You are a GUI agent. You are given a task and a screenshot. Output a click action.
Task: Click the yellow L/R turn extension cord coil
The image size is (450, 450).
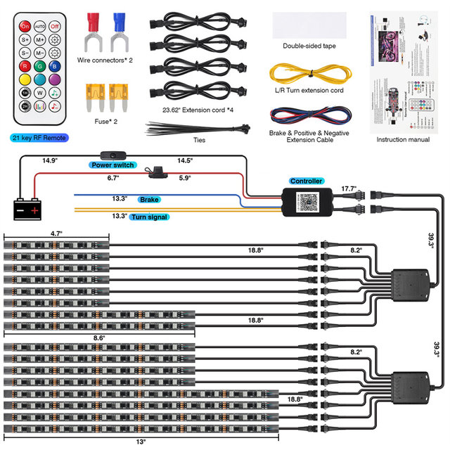pyautogui.click(x=309, y=73)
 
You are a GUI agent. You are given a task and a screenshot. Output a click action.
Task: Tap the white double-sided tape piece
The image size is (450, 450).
pyautogui.click(x=309, y=24)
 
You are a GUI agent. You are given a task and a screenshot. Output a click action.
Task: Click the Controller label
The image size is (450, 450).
pyautogui.click(x=306, y=181)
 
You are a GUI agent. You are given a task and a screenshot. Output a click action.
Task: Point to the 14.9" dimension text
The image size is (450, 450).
pyautogui.click(x=50, y=160)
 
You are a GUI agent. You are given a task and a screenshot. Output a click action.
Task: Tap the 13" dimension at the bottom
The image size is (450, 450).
pyautogui.click(x=141, y=442)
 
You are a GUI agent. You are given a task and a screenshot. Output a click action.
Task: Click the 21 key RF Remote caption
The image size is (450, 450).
pyautogui.click(x=39, y=138)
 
